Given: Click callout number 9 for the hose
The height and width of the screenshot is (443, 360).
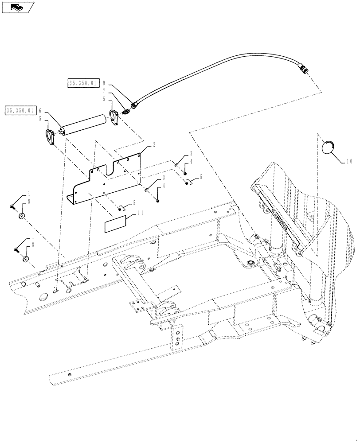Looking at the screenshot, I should point(103,83).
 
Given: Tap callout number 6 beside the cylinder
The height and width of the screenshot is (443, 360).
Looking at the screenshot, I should point(40,110).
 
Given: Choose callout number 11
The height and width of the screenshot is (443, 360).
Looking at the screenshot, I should point(141,213).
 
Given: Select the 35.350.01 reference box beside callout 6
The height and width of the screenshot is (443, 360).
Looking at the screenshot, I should point(21,110).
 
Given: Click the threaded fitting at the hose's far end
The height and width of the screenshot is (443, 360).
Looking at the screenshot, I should point(303,69).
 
